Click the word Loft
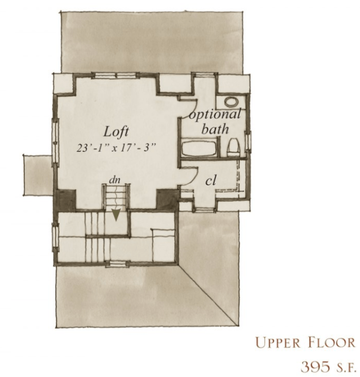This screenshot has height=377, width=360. (x=116, y=132)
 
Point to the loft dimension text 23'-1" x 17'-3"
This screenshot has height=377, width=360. (x=115, y=148)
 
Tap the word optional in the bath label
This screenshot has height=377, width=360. (x=215, y=114)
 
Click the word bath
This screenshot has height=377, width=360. (x=215, y=129)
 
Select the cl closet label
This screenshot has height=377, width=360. (x=211, y=180)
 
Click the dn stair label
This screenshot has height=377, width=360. (x=114, y=180)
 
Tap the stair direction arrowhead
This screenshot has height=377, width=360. (x=116, y=214)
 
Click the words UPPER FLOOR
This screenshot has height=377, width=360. (x=305, y=342)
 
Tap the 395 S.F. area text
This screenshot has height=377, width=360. (x=328, y=367)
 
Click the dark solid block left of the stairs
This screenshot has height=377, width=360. (x=66, y=200)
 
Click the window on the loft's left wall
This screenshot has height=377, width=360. (x=56, y=142)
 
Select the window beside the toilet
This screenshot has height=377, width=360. (x=248, y=141)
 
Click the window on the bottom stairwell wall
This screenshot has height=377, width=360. (x=116, y=264)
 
